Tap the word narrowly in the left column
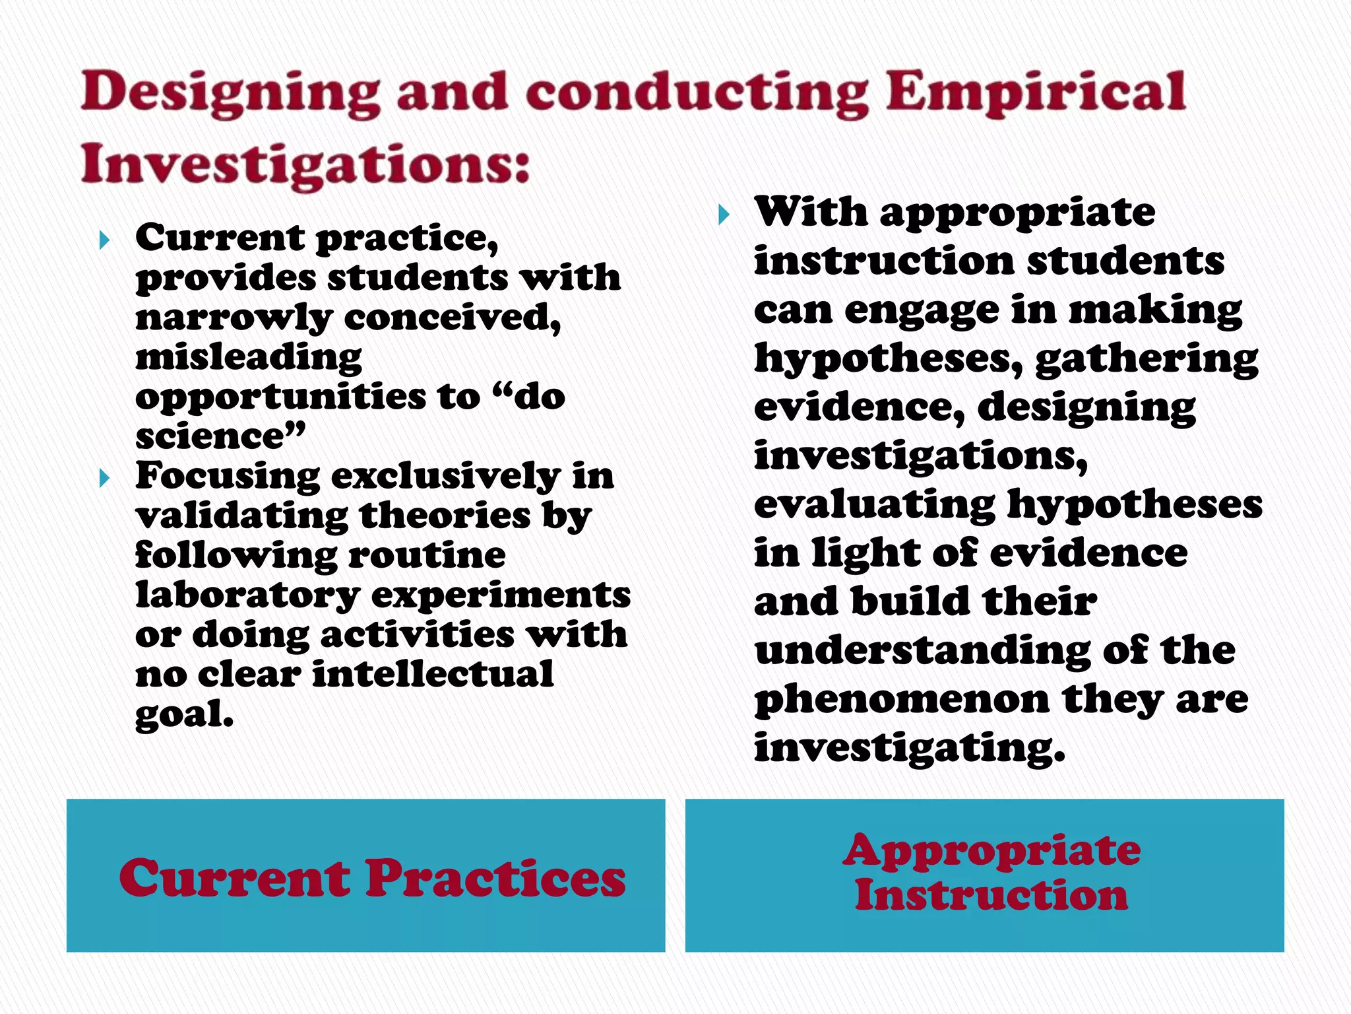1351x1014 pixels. (x=234, y=318)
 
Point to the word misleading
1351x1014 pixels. (x=249, y=358)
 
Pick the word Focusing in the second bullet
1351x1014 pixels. (x=228, y=477)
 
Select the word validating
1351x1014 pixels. (x=241, y=516)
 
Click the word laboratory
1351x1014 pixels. (x=247, y=595)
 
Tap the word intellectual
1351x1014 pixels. (x=432, y=675)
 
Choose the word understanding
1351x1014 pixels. (x=923, y=652)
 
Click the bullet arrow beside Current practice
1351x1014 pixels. (x=104, y=240)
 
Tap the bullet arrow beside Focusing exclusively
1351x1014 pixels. (x=104, y=478)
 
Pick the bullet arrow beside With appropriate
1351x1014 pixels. (x=724, y=215)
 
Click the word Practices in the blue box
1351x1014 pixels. (x=495, y=879)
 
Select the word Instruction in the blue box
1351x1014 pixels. (x=991, y=896)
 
